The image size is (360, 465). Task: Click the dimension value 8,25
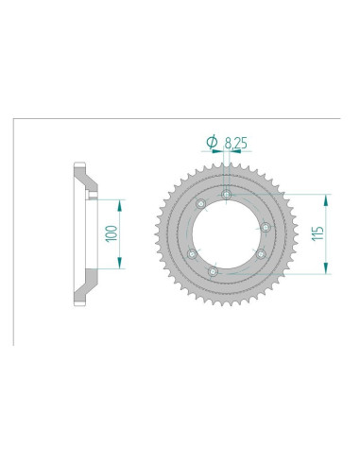pyautogui.click(x=236, y=143)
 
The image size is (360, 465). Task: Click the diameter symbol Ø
pyautogui.click(x=212, y=142)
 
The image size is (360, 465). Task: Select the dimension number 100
pyautogui.click(x=111, y=233)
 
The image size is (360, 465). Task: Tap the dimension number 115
pyautogui.click(x=317, y=233)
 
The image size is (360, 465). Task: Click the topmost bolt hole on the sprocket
pyautogui.click(x=227, y=195)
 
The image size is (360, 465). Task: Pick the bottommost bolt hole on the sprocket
pyautogui.click(x=214, y=271)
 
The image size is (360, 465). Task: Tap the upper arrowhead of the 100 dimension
pyautogui.click(x=119, y=206)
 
